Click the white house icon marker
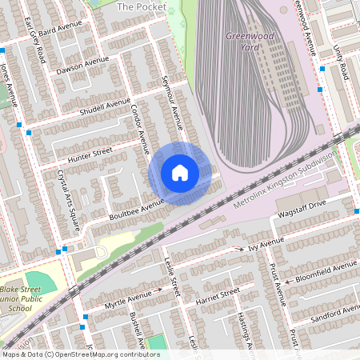pyautogui.click(x=179, y=173)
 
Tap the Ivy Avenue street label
pyautogui.click(x=266, y=243)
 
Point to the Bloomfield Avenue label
pyautogui.click(x=324, y=270)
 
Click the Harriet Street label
pyautogui.click(x=218, y=296)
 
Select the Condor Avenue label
pyautogui.click(x=139, y=129)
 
